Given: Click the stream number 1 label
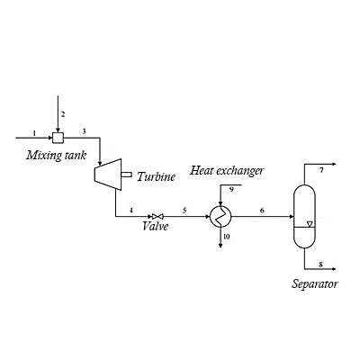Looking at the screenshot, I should point(33,132).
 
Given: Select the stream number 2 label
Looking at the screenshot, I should point(63,114).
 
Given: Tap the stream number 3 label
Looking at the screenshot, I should point(85,132).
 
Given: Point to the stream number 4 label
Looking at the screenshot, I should point(131,210).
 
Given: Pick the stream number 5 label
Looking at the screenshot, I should point(184,210).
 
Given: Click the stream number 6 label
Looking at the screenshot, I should point(263,210).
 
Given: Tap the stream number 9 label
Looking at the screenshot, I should point(230,190).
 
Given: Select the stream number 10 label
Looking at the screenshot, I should point(227,236).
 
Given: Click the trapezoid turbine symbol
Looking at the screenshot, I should point(112,171).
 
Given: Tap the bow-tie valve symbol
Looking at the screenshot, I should point(157,216).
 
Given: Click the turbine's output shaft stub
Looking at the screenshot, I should point(129,174).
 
